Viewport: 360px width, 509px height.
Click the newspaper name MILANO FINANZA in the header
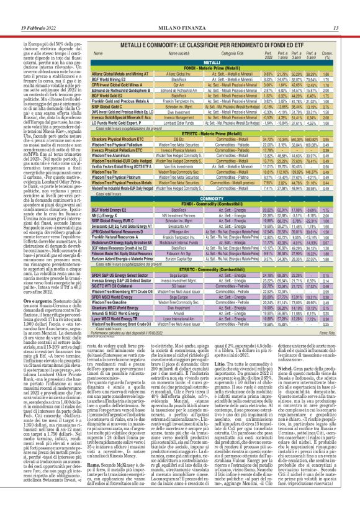tap(180, 10)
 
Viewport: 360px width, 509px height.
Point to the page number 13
tap(335, 10)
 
